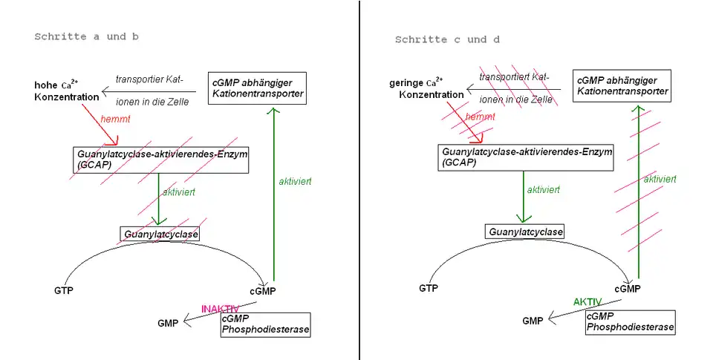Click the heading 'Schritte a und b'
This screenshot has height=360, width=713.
pyautogui.click(x=87, y=36)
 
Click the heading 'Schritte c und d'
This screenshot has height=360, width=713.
pyautogui.click(x=447, y=39)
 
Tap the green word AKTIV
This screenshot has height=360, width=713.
pyautogui.click(x=587, y=302)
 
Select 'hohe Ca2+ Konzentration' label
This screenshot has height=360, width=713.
pyautogui.click(x=66, y=91)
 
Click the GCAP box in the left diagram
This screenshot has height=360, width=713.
pyautogui.click(x=160, y=159)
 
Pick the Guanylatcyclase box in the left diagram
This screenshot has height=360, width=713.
pyautogui.click(x=162, y=234)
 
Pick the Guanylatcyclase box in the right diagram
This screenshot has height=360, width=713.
pyautogui.click(x=525, y=232)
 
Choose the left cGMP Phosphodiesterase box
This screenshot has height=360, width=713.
pyautogui.click(x=265, y=324)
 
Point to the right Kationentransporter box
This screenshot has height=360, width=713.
pyautogui.click(x=622, y=86)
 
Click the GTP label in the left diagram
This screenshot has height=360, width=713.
pyautogui.click(x=65, y=289)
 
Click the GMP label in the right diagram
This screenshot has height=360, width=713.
pyautogui.click(x=533, y=321)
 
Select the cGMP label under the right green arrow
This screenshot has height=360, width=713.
pyautogui.click(x=628, y=289)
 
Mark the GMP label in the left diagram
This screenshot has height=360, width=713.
pyautogui.click(x=168, y=323)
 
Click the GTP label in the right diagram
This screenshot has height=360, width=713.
pyautogui.click(x=429, y=288)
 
